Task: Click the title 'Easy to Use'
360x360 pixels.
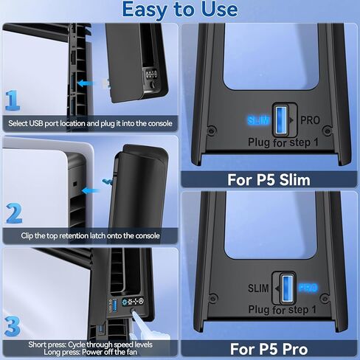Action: click(x=180, y=10)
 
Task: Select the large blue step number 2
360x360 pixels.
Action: click(x=13, y=214)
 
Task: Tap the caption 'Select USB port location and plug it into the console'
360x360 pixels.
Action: click(x=89, y=123)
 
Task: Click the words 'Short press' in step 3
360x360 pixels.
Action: click(x=44, y=345)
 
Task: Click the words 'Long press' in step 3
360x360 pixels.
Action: click(x=43, y=353)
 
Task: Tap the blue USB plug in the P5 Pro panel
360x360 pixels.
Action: click(x=285, y=286)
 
